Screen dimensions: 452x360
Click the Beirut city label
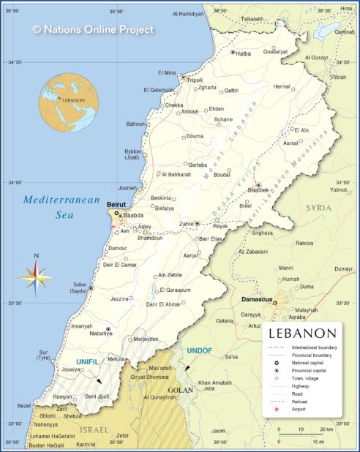(116, 205)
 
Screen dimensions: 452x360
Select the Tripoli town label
(195, 80)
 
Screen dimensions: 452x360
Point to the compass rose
(35, 276)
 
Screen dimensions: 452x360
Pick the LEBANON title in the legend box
(302, 334)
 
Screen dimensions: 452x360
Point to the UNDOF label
(198, 350)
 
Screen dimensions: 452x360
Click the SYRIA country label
(318, 208)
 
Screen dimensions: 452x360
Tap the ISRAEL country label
(94, 429)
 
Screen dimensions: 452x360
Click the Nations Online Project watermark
(93, 29)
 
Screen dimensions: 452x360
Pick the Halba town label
(242, 53)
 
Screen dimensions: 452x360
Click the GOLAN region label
(181, 390)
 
